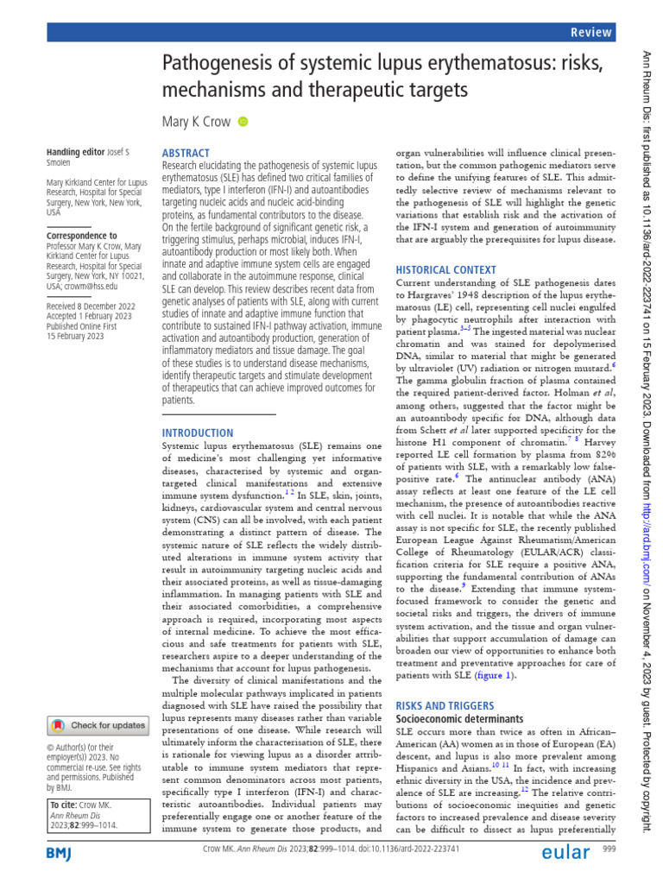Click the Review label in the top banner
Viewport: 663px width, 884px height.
[592, 31]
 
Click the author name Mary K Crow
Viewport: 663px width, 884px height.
[197, 122]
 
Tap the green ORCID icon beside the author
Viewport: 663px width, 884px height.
[243, 122]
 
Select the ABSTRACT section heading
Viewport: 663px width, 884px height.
[186, 152]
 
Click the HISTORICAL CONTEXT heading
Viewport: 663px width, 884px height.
[446, 269]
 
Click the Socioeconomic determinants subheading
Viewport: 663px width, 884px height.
[458, 718]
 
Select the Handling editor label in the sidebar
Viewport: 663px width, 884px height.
[75, 153]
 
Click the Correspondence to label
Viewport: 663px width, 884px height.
[82, 235]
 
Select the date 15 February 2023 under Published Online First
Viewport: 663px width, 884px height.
[75, 337]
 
